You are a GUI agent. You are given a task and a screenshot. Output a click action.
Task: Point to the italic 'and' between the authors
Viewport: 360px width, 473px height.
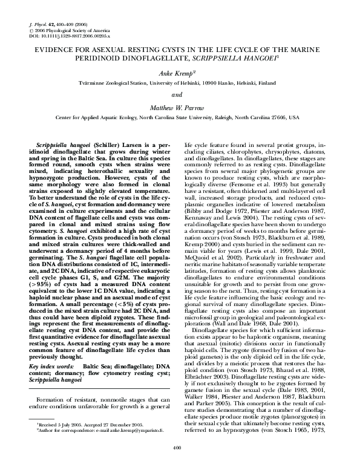tap(180, 94)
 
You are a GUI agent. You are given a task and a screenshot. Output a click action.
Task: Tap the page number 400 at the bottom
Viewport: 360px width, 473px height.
tap(177, 464)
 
